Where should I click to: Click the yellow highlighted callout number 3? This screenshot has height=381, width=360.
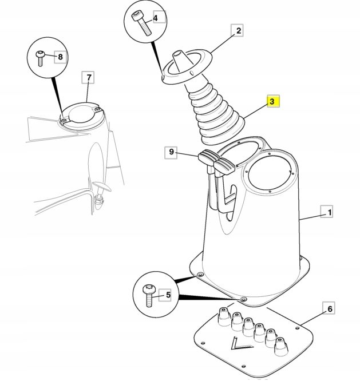[273, 101]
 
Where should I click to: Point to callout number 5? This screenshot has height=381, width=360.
[165, 295]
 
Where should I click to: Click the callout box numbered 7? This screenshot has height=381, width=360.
[88, 77]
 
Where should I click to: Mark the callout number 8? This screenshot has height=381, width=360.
[60, 57]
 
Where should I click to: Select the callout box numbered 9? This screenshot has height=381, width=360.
[171, 152]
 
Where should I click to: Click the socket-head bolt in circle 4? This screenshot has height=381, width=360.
[141, 24]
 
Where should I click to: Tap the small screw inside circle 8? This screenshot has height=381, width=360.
[40, 58]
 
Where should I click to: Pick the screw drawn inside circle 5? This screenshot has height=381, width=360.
[149, 295]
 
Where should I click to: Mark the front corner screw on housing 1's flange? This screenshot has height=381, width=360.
[243, 299]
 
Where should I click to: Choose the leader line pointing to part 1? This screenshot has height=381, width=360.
[312, 217]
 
